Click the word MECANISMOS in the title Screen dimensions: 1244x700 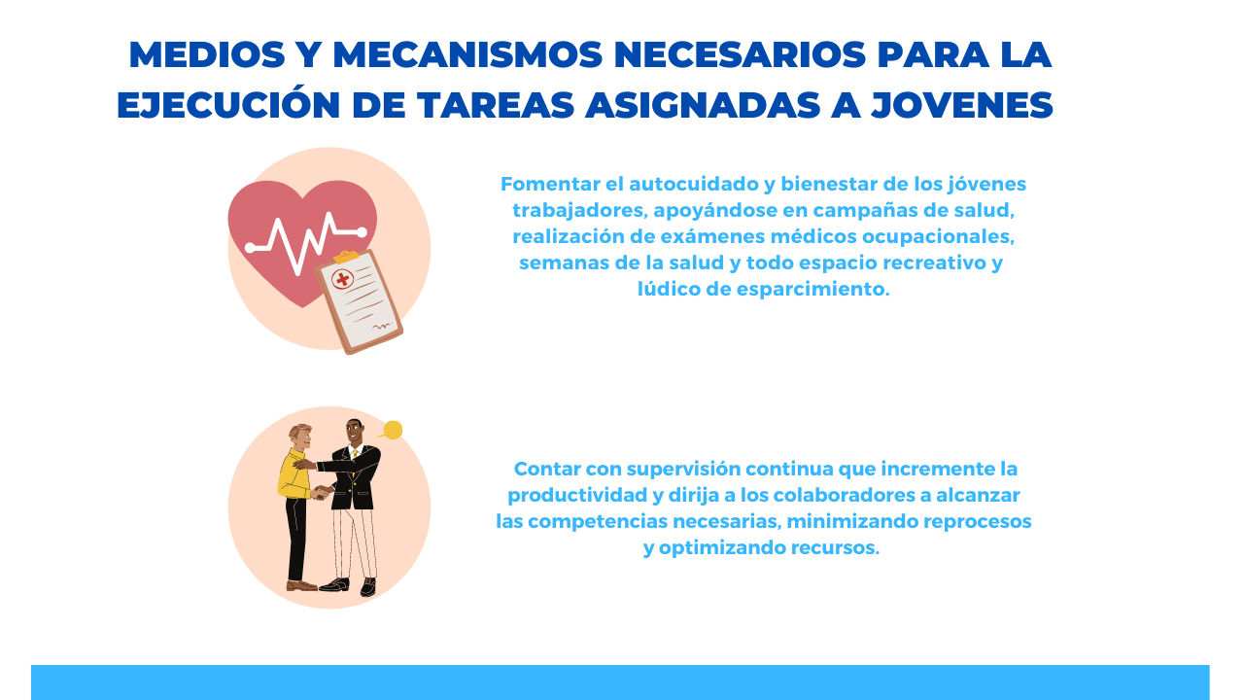click(x=467, y=55)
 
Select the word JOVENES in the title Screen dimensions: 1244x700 click(x=962, y=105)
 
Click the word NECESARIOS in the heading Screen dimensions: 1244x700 click(x=740, y=55)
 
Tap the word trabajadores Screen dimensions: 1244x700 click(x=580, y=211)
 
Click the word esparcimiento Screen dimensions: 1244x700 click(x=814, y=290)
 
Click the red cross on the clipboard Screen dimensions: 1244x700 click(x=343, y=279)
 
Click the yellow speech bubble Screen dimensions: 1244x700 click(x=392, y=430)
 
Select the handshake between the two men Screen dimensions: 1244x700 click(x=322, y=493)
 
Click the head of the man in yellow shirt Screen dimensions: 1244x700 click(x=300, y=437)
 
